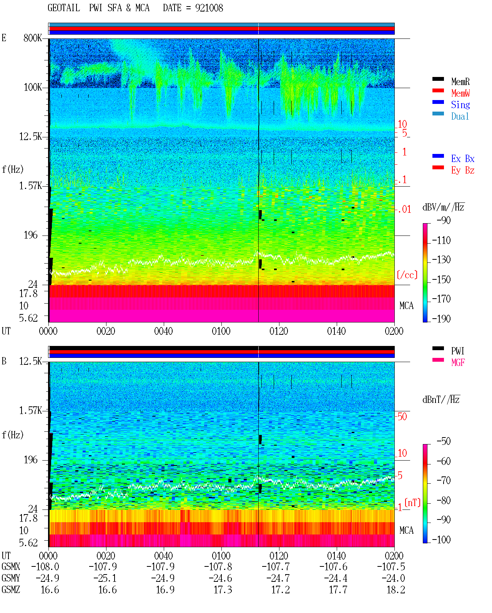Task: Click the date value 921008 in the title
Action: tap(209, 8)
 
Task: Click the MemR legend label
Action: tap(460, 82)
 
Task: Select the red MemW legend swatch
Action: tap(438, 90)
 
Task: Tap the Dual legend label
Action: tap(460, 116)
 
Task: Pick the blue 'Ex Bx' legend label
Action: tap(463, 159)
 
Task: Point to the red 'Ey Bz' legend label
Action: tap(463, 170)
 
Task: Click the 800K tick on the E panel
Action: tap(33, 38)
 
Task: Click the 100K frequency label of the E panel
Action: tap(33, 87)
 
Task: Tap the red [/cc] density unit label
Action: tap(407, 275)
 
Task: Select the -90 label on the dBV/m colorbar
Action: tap(444, 220)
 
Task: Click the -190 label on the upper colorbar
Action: tap(441, 319)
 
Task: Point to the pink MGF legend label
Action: tap(458, 362)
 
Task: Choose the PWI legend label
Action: tap(457, 351)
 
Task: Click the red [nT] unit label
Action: tap(412, 503)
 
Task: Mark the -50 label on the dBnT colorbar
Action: tap(444, 441)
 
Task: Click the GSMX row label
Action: tap(11, 567)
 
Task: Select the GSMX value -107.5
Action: tap(391, 567)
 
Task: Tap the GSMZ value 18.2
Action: tap(396, 590)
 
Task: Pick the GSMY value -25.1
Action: tap(105, 578)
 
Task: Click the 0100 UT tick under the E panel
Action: tap(221, 331)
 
